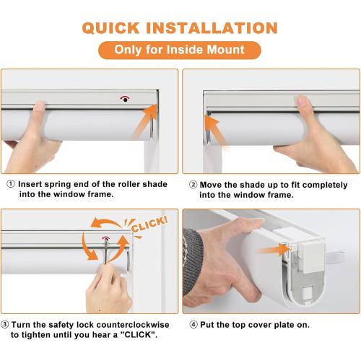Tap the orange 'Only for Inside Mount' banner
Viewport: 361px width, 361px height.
coord(180,51)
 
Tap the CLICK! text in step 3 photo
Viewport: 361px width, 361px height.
coord(150,222)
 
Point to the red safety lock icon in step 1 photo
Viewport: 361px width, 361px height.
coord(126,99)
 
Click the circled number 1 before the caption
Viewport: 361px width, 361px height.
coord(9,185)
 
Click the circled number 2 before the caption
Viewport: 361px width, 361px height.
coord(192,185)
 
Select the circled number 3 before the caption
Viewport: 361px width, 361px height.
coord(6,324)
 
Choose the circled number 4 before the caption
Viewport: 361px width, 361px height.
coord(192,324)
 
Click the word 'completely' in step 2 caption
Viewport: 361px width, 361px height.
coord(321,185)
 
